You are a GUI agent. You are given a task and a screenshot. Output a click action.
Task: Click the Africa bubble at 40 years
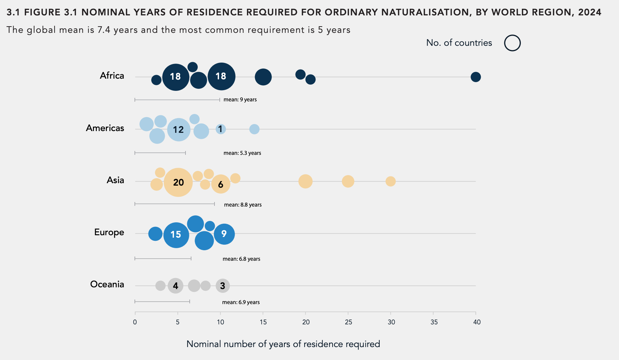[x=475, y=77]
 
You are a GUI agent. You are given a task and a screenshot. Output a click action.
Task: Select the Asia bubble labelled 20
[x=178, y=182]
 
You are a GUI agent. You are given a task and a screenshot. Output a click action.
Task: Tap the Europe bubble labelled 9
[x=224, y=234]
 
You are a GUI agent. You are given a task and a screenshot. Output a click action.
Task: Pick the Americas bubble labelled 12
[x=179, y=130]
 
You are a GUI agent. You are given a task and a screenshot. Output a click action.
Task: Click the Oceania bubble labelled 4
[x=175, y=286]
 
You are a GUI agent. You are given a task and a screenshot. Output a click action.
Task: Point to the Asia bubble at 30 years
[x=391, y=181]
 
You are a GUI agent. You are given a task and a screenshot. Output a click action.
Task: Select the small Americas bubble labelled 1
[x=220, y=129]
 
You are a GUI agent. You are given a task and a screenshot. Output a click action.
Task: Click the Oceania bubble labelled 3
[x=223, y=286]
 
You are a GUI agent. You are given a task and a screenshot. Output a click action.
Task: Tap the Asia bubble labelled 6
[x=221, y=184]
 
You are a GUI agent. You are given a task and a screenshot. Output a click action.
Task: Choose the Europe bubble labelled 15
[x=176, y=235]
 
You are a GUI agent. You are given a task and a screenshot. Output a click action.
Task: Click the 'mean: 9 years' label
[x=240, y=100]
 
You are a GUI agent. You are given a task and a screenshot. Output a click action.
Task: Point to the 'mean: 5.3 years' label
[x=242, y=153]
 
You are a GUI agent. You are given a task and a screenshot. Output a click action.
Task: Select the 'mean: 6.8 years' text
[x=241, y=259]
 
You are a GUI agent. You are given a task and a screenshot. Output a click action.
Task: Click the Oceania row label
[x=107, y=284]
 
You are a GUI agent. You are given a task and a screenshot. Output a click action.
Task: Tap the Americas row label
[x=105, y=128]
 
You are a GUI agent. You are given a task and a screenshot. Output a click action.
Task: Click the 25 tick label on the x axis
[x=348, y=322]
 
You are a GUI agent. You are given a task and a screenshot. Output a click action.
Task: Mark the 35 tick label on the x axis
[x=434, y=322]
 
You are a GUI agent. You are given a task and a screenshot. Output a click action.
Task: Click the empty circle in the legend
[x=512, y=43]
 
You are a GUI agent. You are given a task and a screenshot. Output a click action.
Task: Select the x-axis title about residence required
[x=283, y=344]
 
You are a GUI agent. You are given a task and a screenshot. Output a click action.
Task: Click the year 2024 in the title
[x=590, y=12]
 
